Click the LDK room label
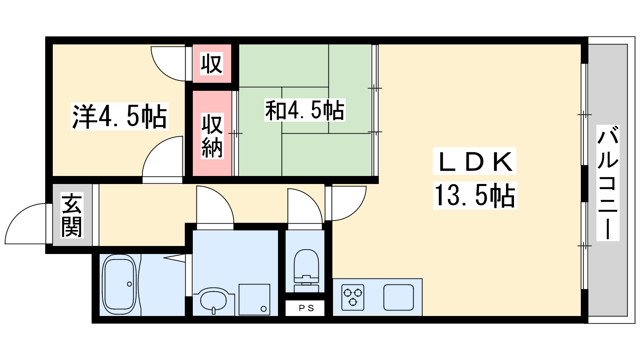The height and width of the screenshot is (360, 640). point(474,162)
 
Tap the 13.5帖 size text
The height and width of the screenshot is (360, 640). point(475,196)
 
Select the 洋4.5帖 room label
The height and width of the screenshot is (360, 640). point(119,116)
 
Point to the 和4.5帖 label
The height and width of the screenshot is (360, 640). point(304,110)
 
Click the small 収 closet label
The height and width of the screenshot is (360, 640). point(212,64)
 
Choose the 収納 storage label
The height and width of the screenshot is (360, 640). point(212,136)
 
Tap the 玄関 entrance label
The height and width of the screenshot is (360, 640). point(72,215)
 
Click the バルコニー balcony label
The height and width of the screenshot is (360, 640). point(608,183)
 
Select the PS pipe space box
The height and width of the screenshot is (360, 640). point(305,308)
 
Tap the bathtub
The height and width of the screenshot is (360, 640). point(119,284)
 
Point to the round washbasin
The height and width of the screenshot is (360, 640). point(214,300)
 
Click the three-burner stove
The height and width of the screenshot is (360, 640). point(353,297)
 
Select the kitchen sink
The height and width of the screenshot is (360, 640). point(398,297)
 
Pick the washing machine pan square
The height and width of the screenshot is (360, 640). point(254,300)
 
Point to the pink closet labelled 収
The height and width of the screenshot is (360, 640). point(212,64)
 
